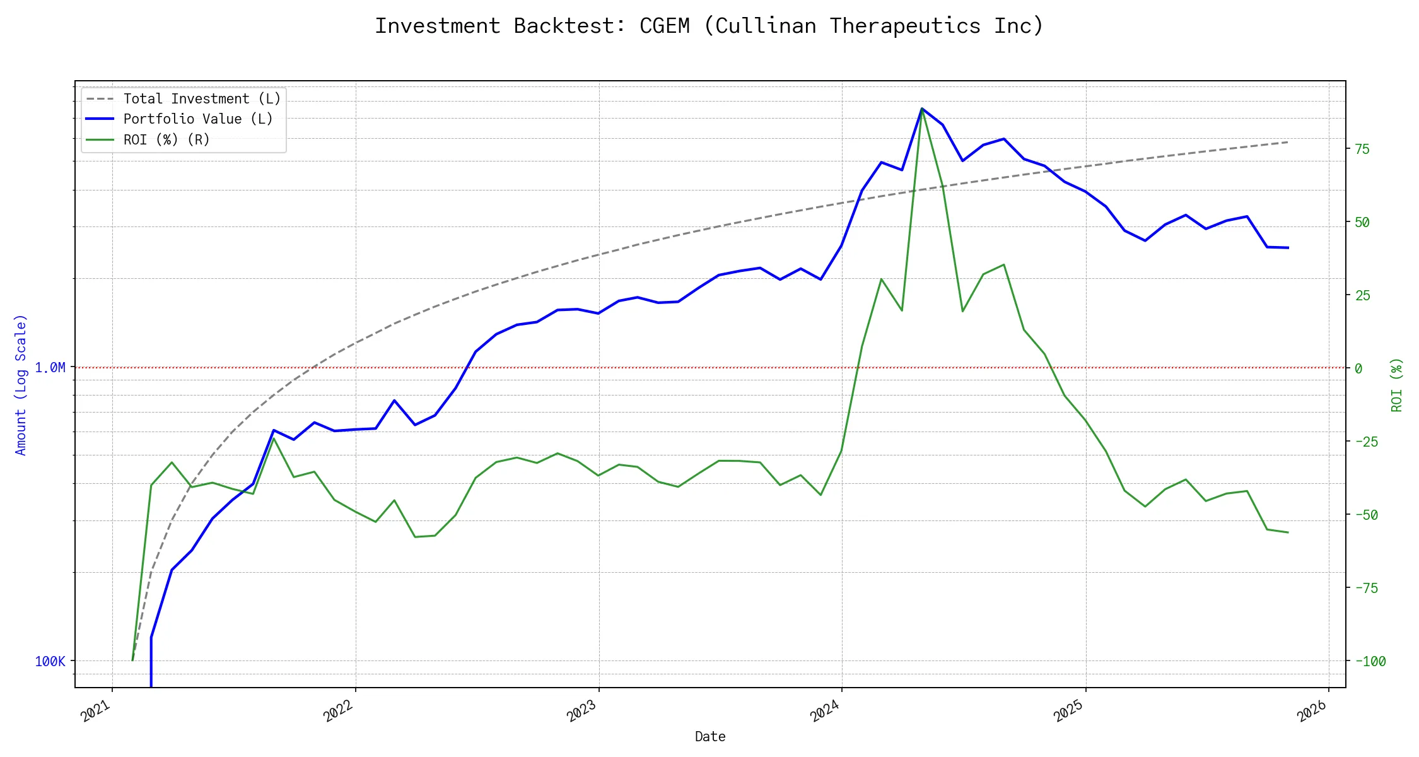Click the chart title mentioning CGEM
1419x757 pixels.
(709, 26)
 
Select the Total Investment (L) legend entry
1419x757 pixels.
(202, 99)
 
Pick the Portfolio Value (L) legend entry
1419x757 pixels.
(198, 119)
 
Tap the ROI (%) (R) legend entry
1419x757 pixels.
(166, 139)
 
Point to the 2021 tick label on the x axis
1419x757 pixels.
(96, 712)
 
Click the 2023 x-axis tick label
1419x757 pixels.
(582, 712)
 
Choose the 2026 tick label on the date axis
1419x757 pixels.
(1312, 712)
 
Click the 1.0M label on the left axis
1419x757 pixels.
(50, 368)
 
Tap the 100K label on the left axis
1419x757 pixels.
(50, 661)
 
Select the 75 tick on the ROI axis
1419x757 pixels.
(1362, 150)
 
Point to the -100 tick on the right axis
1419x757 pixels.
(1370, 661)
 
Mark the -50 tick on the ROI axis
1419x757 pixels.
(1367, 515)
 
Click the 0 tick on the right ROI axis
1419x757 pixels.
(1358, 368)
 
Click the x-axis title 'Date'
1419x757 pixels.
(710, 736)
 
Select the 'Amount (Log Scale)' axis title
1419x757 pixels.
(21, 385)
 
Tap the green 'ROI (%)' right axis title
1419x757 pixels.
(1397, 385)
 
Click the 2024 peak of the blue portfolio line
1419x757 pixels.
(922, 109)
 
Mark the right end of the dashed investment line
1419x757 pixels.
(1288, 142)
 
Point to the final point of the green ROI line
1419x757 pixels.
(1288, 532)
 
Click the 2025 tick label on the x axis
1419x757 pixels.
(1069, 712)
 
